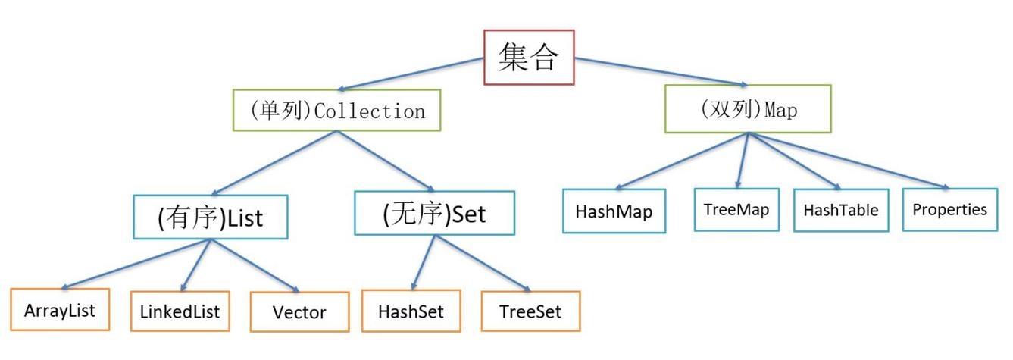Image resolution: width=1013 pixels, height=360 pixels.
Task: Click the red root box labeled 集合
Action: pos(529,57)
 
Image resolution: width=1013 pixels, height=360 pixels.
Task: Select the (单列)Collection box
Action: pos(337,111)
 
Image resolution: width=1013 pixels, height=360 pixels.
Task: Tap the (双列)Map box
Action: pos(747,109)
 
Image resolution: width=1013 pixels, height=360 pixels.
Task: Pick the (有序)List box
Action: pos(210,217)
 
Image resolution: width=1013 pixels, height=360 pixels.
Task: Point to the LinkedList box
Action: pos(180,311)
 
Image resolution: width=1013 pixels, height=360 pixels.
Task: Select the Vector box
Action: pos(299,311)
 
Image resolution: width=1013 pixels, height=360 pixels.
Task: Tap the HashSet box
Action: pos(411,311)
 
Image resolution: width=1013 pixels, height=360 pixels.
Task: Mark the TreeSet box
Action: pos(530,311)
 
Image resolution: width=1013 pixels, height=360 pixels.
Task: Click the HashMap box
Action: pos(614,210)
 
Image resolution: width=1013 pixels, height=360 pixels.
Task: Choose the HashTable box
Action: pos(841,209)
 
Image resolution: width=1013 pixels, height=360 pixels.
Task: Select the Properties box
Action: pos(949,208)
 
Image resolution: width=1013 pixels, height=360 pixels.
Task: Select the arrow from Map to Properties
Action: pos(849,161)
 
